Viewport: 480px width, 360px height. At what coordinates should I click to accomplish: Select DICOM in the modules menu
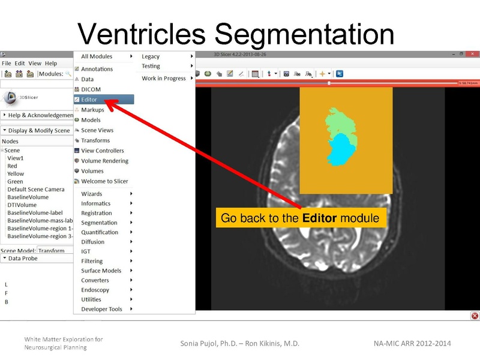[91, 89]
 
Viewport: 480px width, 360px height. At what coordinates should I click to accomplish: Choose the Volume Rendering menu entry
[104, 161]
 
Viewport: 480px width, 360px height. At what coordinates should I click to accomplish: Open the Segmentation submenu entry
[99, 223]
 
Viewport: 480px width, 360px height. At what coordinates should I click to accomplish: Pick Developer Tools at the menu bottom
[101, 309]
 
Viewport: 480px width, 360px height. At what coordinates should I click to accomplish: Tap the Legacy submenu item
[151, 56]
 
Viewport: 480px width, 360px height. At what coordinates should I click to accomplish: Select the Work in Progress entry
[163, 78]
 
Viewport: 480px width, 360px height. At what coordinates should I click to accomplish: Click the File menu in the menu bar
[6, 63]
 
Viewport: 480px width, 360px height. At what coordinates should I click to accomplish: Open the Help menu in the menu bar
[51, 63]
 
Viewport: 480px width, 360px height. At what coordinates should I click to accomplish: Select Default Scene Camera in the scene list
[35, 189]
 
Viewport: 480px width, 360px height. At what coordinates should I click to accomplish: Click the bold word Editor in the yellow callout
[319, 218]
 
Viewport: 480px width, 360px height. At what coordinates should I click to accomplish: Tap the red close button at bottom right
[475, 316]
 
